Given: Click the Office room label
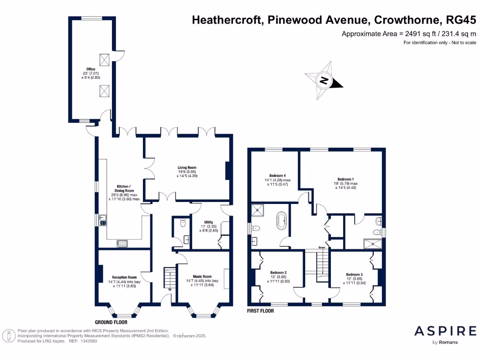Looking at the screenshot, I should click(x=90, y=69).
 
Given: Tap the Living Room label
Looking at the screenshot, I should click(x=187, y=167).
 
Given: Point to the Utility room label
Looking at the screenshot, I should click(x=209, y=222).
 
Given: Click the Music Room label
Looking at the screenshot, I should click(x=202, y=277).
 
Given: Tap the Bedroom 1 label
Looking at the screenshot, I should click(x=345, y=179).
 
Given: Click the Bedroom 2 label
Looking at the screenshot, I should click(x=278, y=273).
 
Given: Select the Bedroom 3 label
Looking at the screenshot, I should click(x=354, y=275).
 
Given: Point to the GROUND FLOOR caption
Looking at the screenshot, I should click(x=111, y=322).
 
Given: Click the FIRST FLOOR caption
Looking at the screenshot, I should click(x=260, y=311).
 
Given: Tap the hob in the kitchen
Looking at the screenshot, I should click(x=122, y=243).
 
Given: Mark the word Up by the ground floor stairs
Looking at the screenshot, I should click(x=169, y=289).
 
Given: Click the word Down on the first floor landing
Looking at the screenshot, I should click(x=322, y=247).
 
